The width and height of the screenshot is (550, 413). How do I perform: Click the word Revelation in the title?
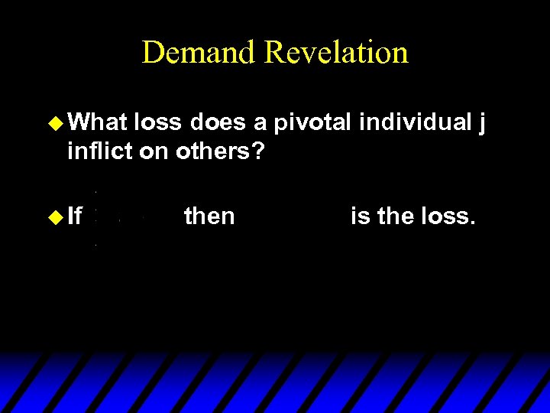[336, 53]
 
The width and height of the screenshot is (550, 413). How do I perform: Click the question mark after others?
[258, 151]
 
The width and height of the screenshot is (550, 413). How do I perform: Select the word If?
[75, 217]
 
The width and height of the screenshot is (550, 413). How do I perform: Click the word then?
[209, 217]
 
